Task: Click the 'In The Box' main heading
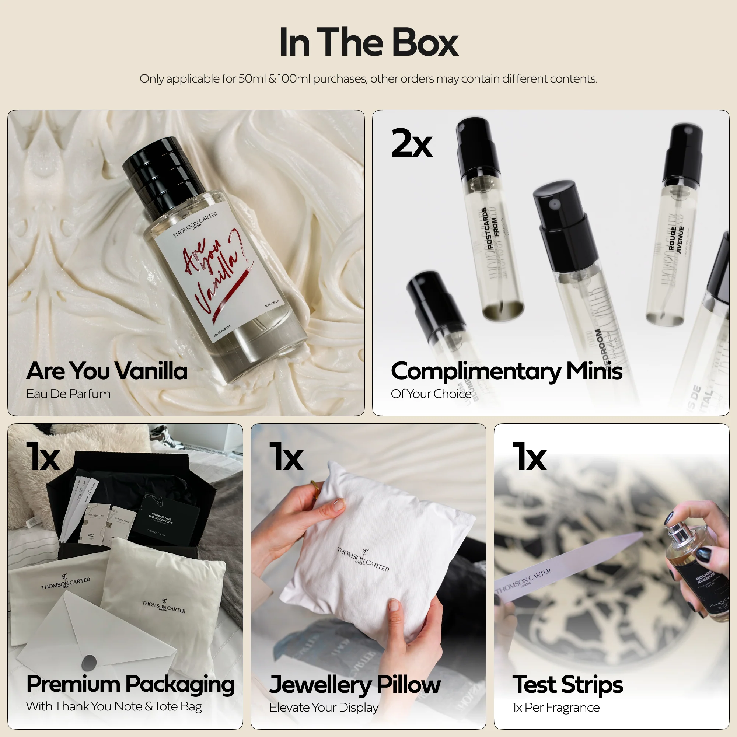(368, 43)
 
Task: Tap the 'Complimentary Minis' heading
(506, 371)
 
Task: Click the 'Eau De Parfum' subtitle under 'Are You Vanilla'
(68, 394)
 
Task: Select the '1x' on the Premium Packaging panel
(43, 457)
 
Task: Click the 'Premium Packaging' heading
(130, 684)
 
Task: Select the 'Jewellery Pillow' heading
(354, 685)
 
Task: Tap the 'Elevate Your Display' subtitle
(324, 708)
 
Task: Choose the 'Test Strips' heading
(567, 685)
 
